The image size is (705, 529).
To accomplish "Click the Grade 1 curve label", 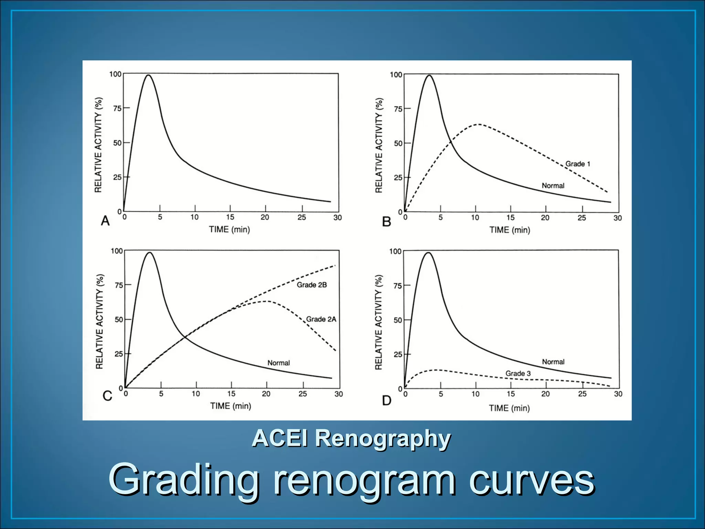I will pyautogui.click(x=578, y=164).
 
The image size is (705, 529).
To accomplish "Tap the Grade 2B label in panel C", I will pyautogui.click(x=312, y=285).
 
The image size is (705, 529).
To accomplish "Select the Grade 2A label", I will pyautogui.click(x=321, y=319).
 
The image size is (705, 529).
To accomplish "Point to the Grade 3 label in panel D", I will pyautogui.click(x=518, y=373).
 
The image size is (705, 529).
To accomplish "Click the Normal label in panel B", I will pyautogui.click(x=553, y=186).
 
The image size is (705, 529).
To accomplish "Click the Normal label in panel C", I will pyautogui.click(x=278, y=363).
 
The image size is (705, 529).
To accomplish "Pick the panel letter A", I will pyautogui.click(x=105, y=221).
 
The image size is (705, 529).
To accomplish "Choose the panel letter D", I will pyautogui.click(x=387, y=401).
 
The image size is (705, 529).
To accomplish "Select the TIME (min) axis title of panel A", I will pyautogui.click(x=229, y=229).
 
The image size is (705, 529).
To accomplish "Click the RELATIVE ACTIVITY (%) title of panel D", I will pyautogui.click(x=379, y=322).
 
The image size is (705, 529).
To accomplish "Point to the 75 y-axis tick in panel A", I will pyautogui.click(x=117, y=108).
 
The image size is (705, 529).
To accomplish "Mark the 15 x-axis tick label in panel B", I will pyautogui.click(x=510, y=218).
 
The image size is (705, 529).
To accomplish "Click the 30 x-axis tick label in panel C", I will pyautogui.click(x=338, y=394).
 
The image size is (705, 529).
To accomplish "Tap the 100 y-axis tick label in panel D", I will pyautogui.click(x=395, y=251).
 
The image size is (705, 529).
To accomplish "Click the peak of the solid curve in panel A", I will pyautogui.click(x=148, y=75).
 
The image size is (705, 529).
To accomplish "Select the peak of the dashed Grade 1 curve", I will pyautogui.click(x=478, y=124).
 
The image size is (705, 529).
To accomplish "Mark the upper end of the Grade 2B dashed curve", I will pyautogui.click(x=335, y=266).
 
